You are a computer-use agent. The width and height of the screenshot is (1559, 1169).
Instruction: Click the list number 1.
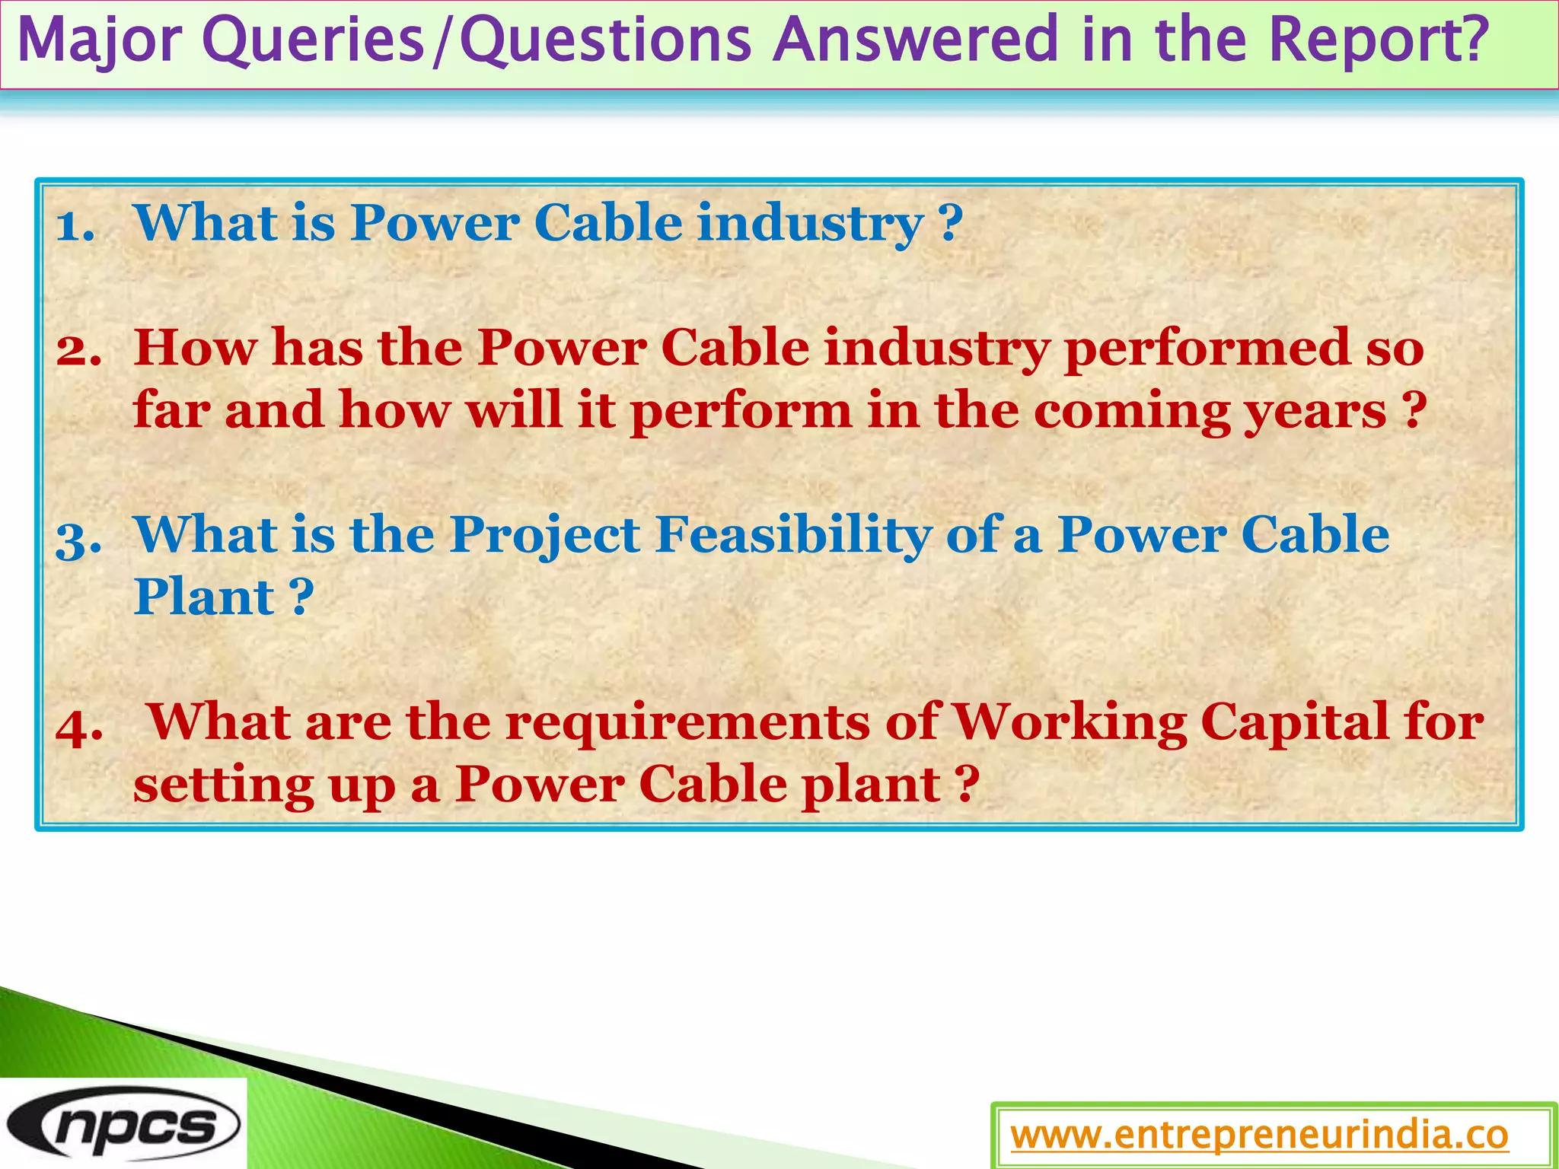(x=75, y=225)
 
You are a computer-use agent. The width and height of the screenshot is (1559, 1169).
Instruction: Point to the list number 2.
(x=78, y=350)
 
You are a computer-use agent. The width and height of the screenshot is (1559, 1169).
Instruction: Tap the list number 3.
(x=78, y=537)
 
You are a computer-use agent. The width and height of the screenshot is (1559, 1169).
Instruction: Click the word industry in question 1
(x=810, y=224)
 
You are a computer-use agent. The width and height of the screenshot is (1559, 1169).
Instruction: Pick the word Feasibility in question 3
(x=793, y=535)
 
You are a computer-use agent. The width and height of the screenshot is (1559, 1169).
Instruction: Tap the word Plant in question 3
(x=204, y=597)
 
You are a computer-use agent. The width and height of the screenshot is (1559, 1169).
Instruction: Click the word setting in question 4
(x=223, y=785)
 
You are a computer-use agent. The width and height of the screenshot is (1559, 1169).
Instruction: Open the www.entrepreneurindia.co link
(x=1259, y=1136)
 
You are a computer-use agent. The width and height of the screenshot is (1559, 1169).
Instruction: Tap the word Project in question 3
(x=545, y=535)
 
